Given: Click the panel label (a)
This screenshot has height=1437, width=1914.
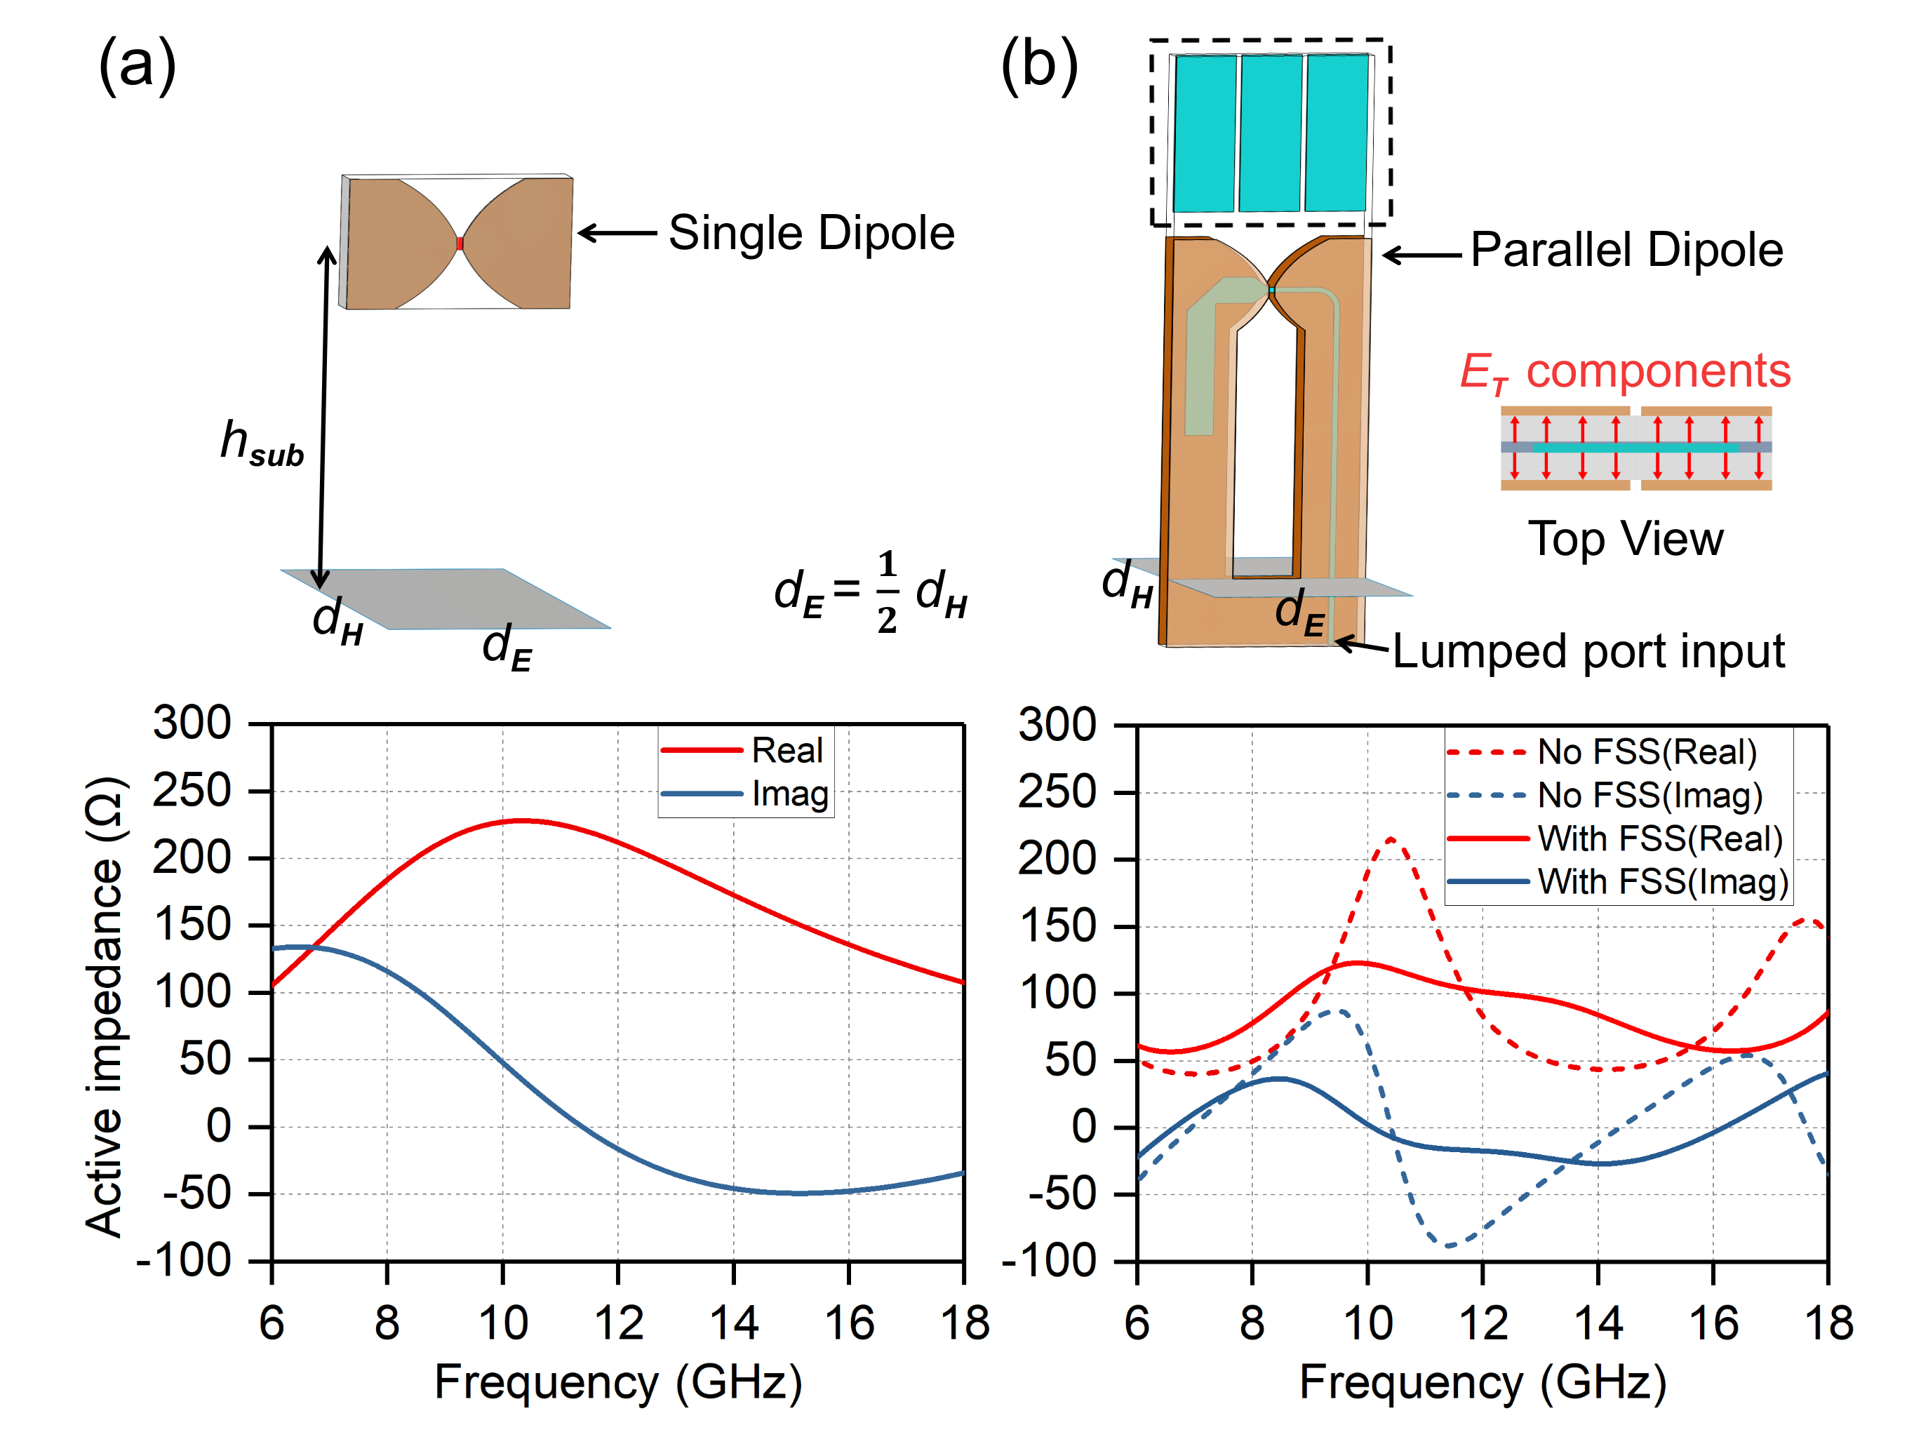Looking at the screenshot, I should click(137, 65).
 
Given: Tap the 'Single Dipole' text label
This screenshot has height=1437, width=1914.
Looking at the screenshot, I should click(811, 233).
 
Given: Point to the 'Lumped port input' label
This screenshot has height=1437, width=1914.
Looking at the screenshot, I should click(1588, 650).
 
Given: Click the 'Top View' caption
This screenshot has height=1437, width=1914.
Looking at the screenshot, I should click(1625, 539).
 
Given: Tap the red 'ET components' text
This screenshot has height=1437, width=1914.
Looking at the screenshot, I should click(1624, 372).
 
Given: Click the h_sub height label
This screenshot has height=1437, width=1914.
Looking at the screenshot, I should click(261, 443).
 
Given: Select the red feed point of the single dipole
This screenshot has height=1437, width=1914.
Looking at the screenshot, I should click(460, 243).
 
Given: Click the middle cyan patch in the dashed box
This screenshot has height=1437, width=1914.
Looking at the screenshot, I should click(1270, 133).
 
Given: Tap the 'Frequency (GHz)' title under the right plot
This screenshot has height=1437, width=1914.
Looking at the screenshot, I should click(1483, 1382).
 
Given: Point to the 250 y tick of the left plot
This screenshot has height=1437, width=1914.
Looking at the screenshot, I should click(192, 791).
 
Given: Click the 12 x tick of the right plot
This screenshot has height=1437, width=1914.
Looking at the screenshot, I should click(1483, 1323).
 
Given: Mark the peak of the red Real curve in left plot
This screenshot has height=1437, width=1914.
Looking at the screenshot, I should click(522, 820).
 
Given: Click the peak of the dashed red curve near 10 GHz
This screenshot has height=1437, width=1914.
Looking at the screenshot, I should click(1391, 838).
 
